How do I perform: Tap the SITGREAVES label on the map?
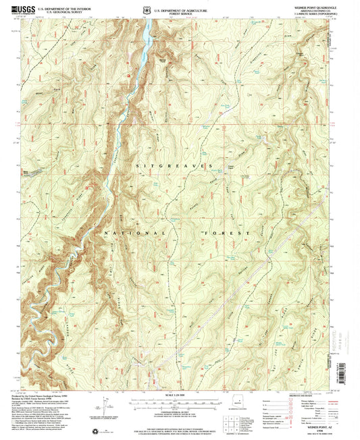[x=175, y=165]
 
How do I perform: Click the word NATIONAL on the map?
[x=137, y=232]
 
